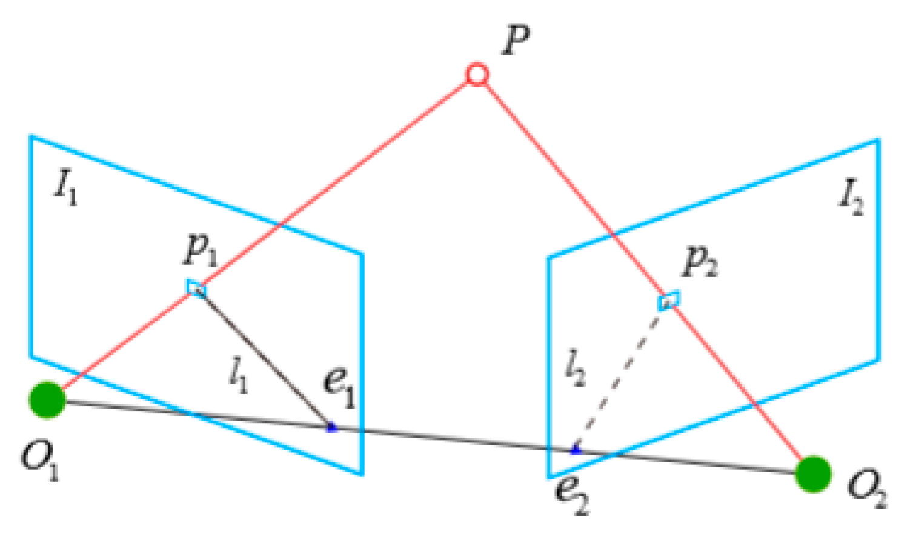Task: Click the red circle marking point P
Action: pyautogui.click(x=477, y=75)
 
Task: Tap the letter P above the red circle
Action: pyautogui.click(x=516, y=40)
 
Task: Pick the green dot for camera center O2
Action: pyautogui.click(x=813, y=473)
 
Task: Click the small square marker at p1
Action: pyautogui.click(x=196, y=288)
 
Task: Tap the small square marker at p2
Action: pyautogui.click(x=669, y=299)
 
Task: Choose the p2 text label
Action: pyautogui.click(x=700, y=261)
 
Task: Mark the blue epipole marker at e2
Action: pyautogui.click(x=575, y=450)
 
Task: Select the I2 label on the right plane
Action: pyautogui.click(x=851, y=198)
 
